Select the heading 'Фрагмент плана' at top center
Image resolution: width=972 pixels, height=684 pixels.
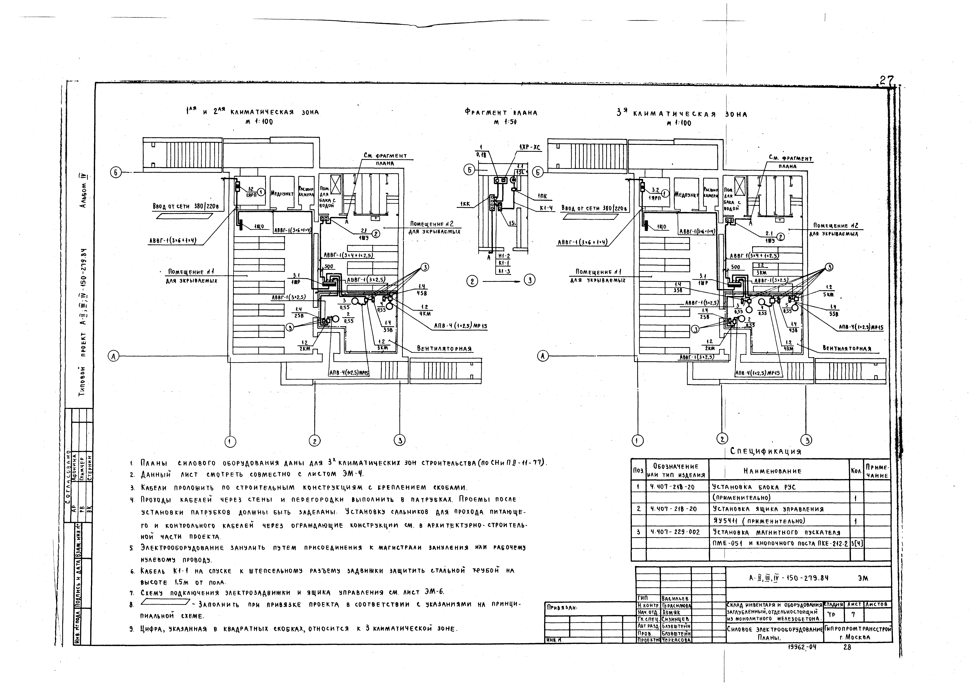pyautogui.click(x=501, y=113)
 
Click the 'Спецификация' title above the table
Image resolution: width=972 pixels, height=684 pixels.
pyautogui.click(x=766, y=452)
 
